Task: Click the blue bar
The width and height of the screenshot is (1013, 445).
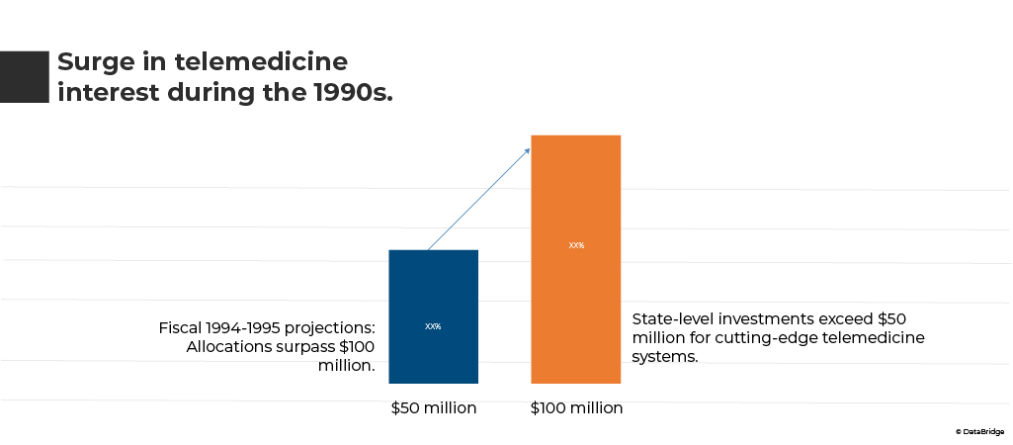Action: (x=433, y=297)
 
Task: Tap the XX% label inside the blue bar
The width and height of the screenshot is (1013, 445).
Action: (x=433, y=326)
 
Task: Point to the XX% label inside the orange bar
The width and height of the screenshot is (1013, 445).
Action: (x=576, y=245)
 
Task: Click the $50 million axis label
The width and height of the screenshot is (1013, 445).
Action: (x=433, y=407)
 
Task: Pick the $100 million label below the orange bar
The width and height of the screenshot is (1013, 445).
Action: (x=576, y=407)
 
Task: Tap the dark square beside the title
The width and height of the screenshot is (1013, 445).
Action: (x=24, y=76)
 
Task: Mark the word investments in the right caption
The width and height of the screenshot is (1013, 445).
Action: (x=769, y=319)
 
